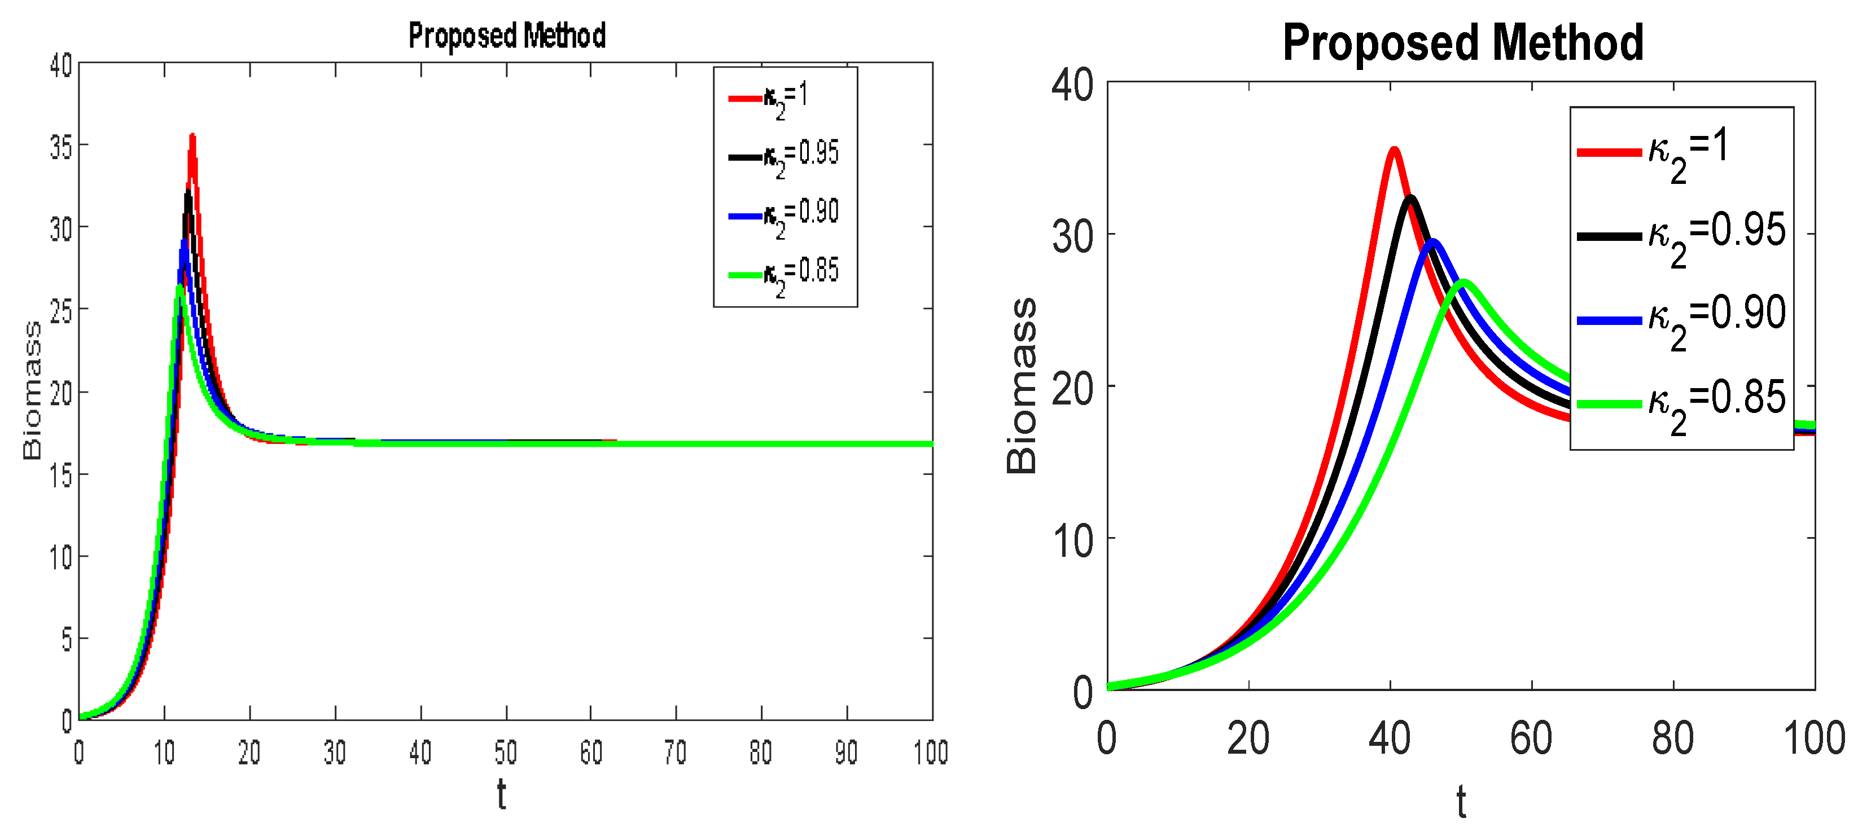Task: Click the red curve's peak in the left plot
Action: tap(192, 135)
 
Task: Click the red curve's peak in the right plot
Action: tap(1394, 150)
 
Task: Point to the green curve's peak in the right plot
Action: tap(1464, 282)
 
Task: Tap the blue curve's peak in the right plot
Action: tap(1432, 241)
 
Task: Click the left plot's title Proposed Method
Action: tap(506, 36)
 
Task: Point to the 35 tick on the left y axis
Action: tap(62, 147)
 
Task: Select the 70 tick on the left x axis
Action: tap(675, 753)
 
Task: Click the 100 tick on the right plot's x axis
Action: tap(1813, 739)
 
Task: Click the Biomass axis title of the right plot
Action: tap(1022, 386)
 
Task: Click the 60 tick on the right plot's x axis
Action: tap(1531, 739)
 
